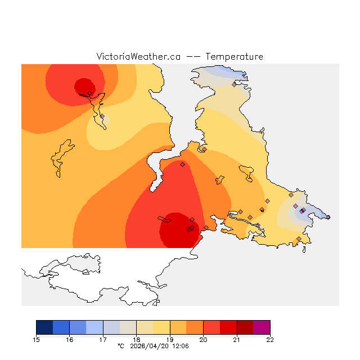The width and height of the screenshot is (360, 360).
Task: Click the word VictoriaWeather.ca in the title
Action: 138,57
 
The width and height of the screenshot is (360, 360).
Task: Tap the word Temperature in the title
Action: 234,57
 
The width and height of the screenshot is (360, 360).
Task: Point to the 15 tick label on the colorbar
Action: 37,339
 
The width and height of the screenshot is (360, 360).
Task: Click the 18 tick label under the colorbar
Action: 136,339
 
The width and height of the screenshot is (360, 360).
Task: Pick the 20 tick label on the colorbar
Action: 203,339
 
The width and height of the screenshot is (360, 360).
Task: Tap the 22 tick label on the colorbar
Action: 270,339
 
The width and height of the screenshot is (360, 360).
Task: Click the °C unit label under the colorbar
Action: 120,346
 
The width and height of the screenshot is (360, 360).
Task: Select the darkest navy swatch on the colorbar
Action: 44,327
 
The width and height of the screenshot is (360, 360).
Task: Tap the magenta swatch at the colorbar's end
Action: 262,327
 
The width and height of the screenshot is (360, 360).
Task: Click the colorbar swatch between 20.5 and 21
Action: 228,327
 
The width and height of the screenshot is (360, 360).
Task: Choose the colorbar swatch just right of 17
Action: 111,327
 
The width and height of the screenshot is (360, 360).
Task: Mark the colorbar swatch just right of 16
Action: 78,327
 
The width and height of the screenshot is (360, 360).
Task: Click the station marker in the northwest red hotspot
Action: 89,93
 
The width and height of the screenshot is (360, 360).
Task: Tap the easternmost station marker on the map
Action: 328,217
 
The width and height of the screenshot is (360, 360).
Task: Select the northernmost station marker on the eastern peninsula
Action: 234,84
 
